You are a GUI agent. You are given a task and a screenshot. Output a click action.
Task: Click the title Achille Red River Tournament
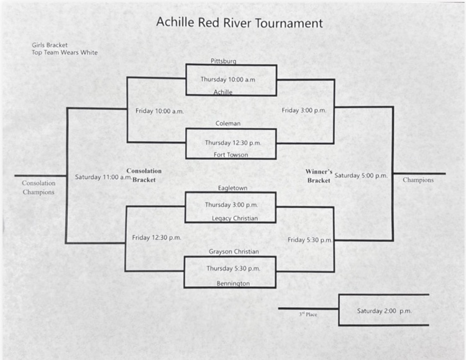239,23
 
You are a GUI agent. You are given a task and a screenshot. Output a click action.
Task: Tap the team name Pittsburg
223,61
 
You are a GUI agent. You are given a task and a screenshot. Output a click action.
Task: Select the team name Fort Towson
231,155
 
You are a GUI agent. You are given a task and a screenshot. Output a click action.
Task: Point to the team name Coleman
228,123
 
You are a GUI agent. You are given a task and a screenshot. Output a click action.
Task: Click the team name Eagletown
230,187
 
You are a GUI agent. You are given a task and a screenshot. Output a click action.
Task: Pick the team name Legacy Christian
234,218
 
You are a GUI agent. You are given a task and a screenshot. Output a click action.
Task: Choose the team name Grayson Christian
234,251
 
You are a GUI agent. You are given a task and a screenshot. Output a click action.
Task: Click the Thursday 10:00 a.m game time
227,79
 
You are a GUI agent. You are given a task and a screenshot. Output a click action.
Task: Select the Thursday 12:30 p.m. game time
233,142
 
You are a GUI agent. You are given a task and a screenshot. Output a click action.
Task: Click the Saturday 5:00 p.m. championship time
361,175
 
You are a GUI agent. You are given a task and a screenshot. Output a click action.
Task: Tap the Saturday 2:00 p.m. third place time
384,310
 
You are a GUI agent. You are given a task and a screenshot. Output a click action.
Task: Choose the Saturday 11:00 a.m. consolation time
103,177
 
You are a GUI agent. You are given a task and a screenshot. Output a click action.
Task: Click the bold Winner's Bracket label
319,175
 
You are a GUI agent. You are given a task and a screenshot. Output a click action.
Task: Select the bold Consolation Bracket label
144,175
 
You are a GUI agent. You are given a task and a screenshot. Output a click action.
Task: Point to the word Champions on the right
418,180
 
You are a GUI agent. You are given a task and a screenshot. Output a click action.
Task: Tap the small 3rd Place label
308,315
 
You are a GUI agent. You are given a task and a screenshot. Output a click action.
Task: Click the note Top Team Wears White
65,53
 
